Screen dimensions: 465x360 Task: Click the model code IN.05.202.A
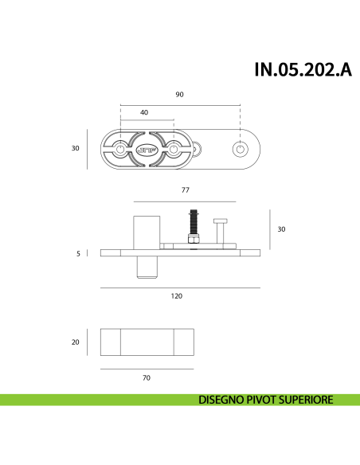[302, 69]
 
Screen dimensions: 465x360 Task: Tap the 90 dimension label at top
[179, 95]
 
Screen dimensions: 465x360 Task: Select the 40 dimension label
[144, 113]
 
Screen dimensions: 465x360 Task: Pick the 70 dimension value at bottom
[147, 378]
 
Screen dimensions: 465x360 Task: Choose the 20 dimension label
[76, 342]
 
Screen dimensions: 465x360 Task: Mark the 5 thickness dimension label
[78, 254]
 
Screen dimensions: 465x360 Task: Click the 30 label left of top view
[76, 148]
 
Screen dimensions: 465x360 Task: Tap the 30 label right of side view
[280, 229]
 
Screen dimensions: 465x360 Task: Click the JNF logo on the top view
[147, 149]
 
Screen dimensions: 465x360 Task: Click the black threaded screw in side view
[193, 221]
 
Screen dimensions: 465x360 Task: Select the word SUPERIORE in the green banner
[303, 401]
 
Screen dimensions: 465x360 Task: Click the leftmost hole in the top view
[119, 149]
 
